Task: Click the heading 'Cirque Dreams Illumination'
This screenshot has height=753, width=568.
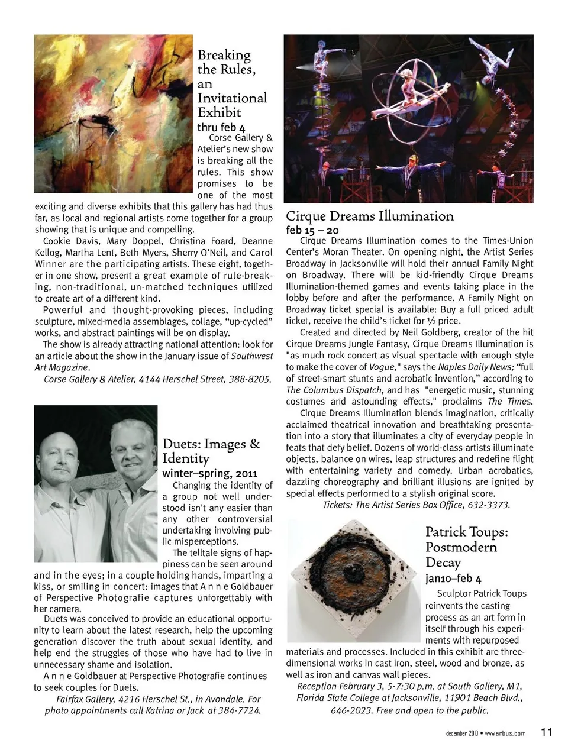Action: [369, 216]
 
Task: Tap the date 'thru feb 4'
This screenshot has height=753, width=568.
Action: [221, 127]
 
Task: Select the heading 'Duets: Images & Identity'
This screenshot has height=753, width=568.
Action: [211, 451]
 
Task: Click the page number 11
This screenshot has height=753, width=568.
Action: [546, 732]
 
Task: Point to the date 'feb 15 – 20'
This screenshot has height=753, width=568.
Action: [312, 230]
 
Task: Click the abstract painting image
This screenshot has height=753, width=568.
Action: [114, 114]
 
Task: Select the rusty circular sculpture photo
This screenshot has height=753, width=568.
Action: [354, 580]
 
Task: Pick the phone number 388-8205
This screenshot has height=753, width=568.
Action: [249, 379]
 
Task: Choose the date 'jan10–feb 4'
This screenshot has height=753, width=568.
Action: [453, 579]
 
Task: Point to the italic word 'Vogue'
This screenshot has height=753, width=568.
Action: [381, 367]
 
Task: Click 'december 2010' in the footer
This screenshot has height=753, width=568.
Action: [461, 733]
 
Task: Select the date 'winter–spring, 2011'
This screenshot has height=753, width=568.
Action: [209, 474]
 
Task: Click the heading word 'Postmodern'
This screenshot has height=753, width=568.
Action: [461, 547]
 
